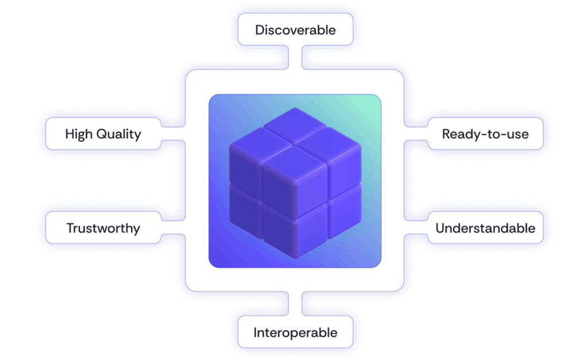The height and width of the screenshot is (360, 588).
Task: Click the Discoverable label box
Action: (295, 30)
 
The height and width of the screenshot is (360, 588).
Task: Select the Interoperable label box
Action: (295, 332)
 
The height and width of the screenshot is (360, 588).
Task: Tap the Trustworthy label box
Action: (103, 228)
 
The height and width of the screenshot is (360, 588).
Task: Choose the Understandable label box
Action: (485, 228)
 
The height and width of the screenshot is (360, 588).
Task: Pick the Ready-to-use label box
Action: (485, 134)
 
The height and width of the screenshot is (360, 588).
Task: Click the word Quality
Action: (118, 135)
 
